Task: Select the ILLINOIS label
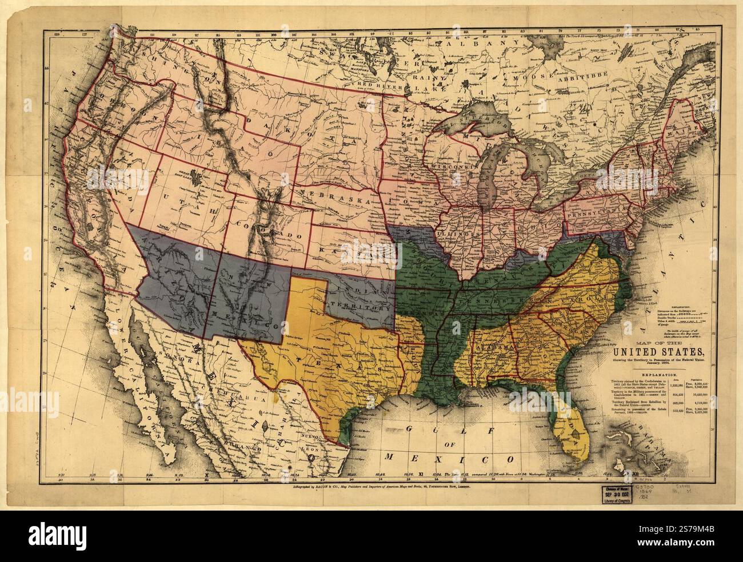click(461, 234)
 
